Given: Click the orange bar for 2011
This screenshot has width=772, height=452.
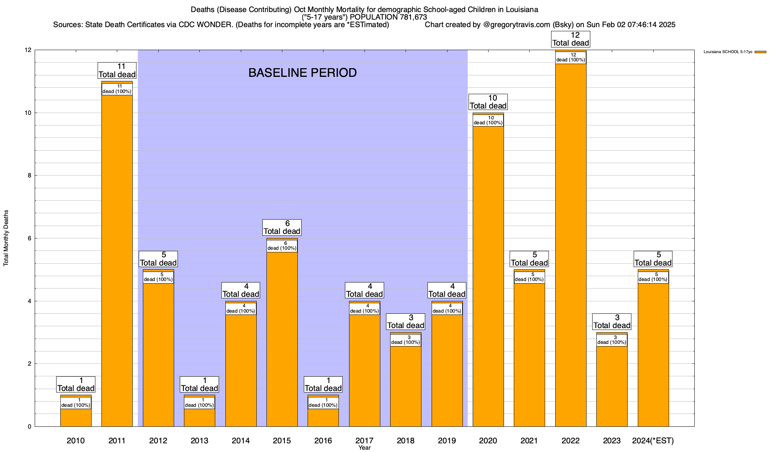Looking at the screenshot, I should click(117, 264).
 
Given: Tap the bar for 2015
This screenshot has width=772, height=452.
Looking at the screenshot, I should click(282, 339).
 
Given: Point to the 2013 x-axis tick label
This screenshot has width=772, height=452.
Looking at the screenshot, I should click(199, 440).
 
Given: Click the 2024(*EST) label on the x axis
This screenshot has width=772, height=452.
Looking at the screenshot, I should click(653, 440).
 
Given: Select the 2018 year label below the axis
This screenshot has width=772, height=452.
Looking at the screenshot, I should click(406, 440).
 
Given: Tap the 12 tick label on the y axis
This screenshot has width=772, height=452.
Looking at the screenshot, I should click(27, 50).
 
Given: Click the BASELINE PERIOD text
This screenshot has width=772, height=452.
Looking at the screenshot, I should click(302, 73).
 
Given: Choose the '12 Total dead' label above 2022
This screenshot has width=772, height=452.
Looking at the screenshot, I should click(570, 39).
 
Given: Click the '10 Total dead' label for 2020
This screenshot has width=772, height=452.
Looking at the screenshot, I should click(488, 102).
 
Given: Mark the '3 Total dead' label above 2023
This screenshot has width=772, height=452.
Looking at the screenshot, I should click(612, 322).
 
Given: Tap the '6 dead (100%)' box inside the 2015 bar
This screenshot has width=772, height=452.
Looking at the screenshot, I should click(282, 246).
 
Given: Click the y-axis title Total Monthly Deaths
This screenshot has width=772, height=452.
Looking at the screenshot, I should click(6, 238).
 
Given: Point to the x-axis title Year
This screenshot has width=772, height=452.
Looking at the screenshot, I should click(365, 448).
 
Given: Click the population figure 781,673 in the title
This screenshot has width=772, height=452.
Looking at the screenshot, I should click(409, 17).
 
